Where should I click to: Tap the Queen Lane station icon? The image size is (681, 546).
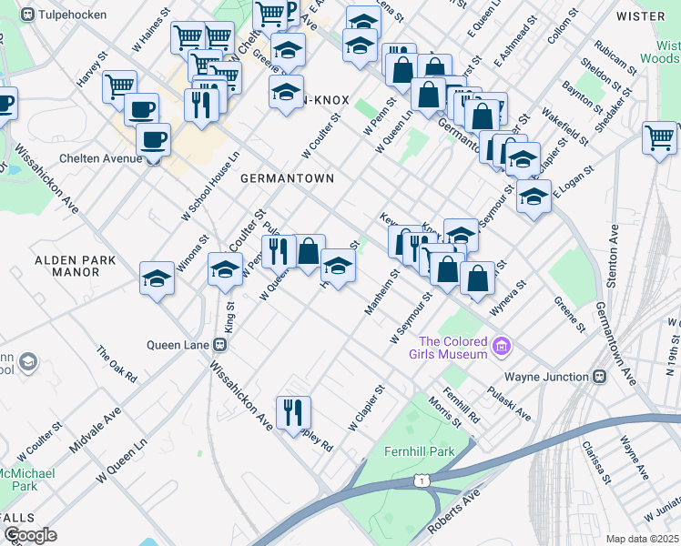[x=219, y=345]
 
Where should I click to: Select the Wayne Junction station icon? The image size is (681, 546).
[x=599, y=377]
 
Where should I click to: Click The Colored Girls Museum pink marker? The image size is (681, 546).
[x=500, y=347]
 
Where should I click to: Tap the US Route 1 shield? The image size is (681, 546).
[x=422, y=480]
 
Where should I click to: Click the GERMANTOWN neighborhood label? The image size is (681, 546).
[x=288, y=179]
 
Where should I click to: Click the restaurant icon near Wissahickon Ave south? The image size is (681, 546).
[x=293, y=412]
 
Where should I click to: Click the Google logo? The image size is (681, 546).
[x=30, y=535]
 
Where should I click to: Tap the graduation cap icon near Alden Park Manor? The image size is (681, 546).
[x=157, y=278]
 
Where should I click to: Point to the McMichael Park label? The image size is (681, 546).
[x=27, y=480]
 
